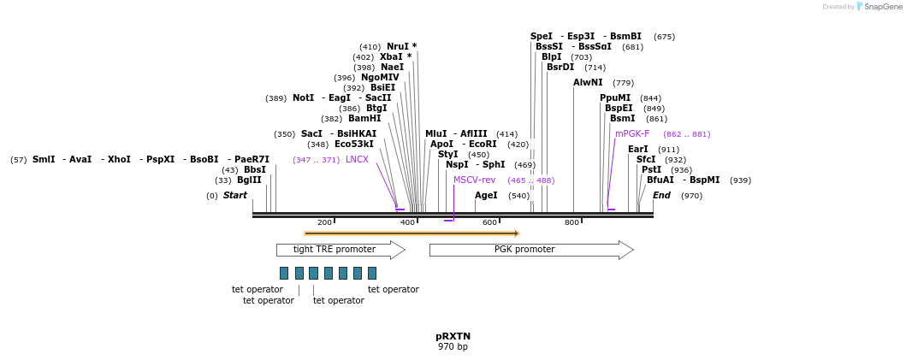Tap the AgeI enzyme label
pyautogui.click(x=486, y=196)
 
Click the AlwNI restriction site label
pyautogui.click(x=588, y=83)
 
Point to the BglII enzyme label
pyautogui.click(x=249, y=180)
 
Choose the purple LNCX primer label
pyautogui.click(x=357, y=160)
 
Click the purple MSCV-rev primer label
pyautogui.click(x=474, y=180)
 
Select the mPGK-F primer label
pyautogui.click(x=632, y=134)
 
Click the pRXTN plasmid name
pyautogui.click(x=453, y=336)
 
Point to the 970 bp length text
pyautogui.click(x=453, y=347)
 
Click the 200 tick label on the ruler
pyautogui.click(x=324, y=223)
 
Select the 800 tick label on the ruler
pyautogui.click(x=571, y=223)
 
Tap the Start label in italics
pyautogui.click(x=234, y=196)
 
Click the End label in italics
pyautogui.click(x=661, y=196)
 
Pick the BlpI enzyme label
pyautogui.click(x=551, y=57)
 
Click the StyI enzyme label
pyautogui.click(x=447, y=155)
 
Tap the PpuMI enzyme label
pyautogui.click(x=615, y=98)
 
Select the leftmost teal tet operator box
pyautogui.click(x=284, y=273)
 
